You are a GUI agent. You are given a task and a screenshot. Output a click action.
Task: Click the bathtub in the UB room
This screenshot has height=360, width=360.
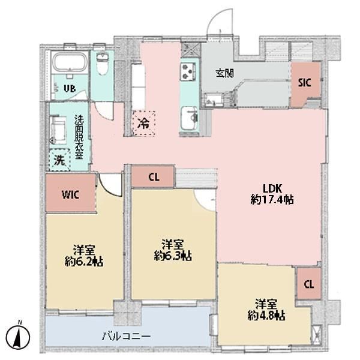(x=70, y=62)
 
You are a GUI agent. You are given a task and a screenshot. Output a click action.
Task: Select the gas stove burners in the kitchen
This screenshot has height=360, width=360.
(x=188, y=71)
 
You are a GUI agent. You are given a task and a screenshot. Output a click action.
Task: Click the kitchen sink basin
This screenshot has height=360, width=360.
(x=189, y=118)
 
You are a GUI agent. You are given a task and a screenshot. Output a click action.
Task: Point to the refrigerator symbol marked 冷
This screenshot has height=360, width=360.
(x=144, y=123)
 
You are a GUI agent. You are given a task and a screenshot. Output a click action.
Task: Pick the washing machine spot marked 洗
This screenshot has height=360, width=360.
(x=59, y=160)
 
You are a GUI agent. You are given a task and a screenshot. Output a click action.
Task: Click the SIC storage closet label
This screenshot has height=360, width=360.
(x=304, y=83)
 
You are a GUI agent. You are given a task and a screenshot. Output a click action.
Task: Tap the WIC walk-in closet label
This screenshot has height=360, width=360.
(x=70, y=195)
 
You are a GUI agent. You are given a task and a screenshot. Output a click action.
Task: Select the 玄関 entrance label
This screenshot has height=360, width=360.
(x=225, y=73)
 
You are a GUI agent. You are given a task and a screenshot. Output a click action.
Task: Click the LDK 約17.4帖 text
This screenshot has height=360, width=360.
(x=272, y=194)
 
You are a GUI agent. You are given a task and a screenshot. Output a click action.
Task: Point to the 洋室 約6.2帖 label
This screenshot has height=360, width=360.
(x=84, y=256)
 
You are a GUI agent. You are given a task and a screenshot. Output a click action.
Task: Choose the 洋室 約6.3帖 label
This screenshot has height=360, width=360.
(x=173, y=250)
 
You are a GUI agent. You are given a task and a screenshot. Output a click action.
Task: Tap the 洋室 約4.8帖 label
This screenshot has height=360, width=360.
(x=266, y=310)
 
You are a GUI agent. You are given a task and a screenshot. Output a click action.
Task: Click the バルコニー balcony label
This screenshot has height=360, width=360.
(x=126, y=337)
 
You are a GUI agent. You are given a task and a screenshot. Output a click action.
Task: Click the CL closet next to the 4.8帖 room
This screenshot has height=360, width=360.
(x=309, y=284)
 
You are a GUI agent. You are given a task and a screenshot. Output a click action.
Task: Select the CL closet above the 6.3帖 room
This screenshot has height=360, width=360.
(x=154, y=177)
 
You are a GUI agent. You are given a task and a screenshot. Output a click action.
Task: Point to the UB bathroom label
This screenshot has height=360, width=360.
(x=70, y=88)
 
